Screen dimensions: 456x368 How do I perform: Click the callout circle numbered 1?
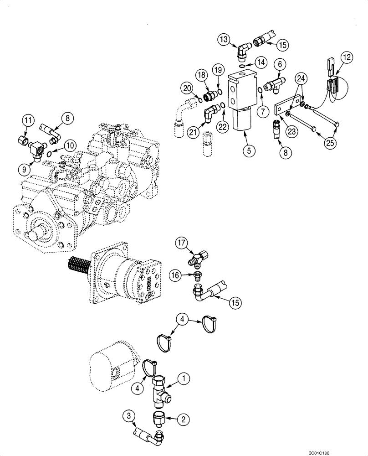184,378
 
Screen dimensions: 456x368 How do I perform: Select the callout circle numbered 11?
29,121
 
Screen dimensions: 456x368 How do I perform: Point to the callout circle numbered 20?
186,87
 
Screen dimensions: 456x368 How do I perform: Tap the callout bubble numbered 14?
261,62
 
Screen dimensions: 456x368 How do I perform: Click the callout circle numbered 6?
280,65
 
